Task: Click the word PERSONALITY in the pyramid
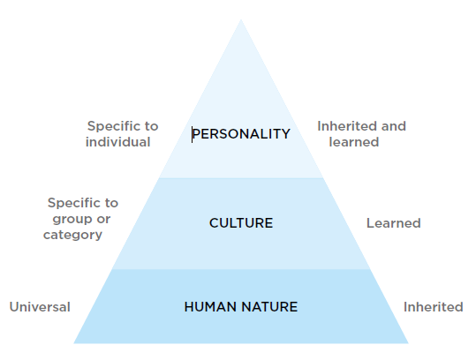pos(241,134)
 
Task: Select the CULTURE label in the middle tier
pos(241,223)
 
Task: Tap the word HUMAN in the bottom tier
pos(211,307)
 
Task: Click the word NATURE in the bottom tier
pos(270,307)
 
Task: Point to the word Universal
pos(40,307)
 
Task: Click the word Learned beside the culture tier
pos(394,223)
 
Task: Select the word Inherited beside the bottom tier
pos(434,307)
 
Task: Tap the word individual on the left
pos(118,142)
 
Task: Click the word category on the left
pos(72,236)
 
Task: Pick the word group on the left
pos(72,220)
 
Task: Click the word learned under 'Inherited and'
pos(354,142)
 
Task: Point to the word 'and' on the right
pos(394,126)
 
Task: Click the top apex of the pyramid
pos(241,19)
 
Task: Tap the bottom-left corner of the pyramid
pos(74,343)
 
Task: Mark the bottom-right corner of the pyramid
pos(409,343)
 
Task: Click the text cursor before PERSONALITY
pos(192,135)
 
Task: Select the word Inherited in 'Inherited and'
pos(347,126)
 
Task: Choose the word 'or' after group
pos(103,220)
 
